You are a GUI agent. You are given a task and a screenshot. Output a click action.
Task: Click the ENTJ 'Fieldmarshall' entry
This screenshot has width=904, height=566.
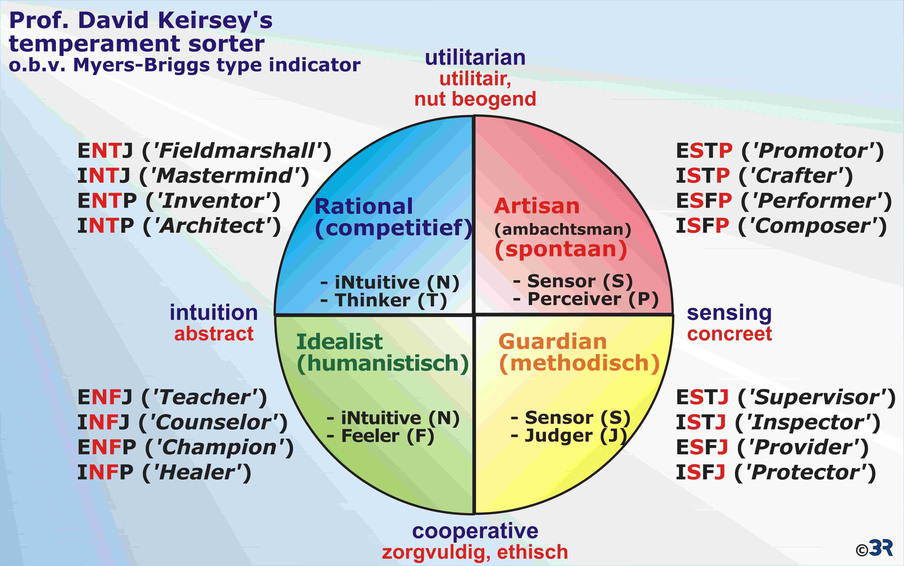point(204,151)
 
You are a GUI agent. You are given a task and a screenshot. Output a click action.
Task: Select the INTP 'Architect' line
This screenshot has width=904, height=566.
point(179,226)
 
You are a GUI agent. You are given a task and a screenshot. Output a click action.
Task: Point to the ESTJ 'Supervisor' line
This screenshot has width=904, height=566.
point(786,397)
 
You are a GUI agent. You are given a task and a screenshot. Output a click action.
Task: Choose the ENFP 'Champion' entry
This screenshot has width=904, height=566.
point(186,447)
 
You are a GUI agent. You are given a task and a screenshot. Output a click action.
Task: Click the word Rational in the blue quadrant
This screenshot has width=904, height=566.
point(364,206)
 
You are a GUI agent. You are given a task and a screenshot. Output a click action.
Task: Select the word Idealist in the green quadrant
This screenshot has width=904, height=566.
point(339,341)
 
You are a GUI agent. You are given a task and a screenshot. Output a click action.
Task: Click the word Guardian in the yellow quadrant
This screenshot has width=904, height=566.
point(552,341)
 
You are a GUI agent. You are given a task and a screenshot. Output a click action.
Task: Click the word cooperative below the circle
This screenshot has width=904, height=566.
point(475,531)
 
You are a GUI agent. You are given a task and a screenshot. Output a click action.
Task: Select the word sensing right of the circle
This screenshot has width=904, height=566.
point(729,313)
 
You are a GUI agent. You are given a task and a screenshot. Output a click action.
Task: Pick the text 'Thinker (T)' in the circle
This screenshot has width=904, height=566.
point(391,300)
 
